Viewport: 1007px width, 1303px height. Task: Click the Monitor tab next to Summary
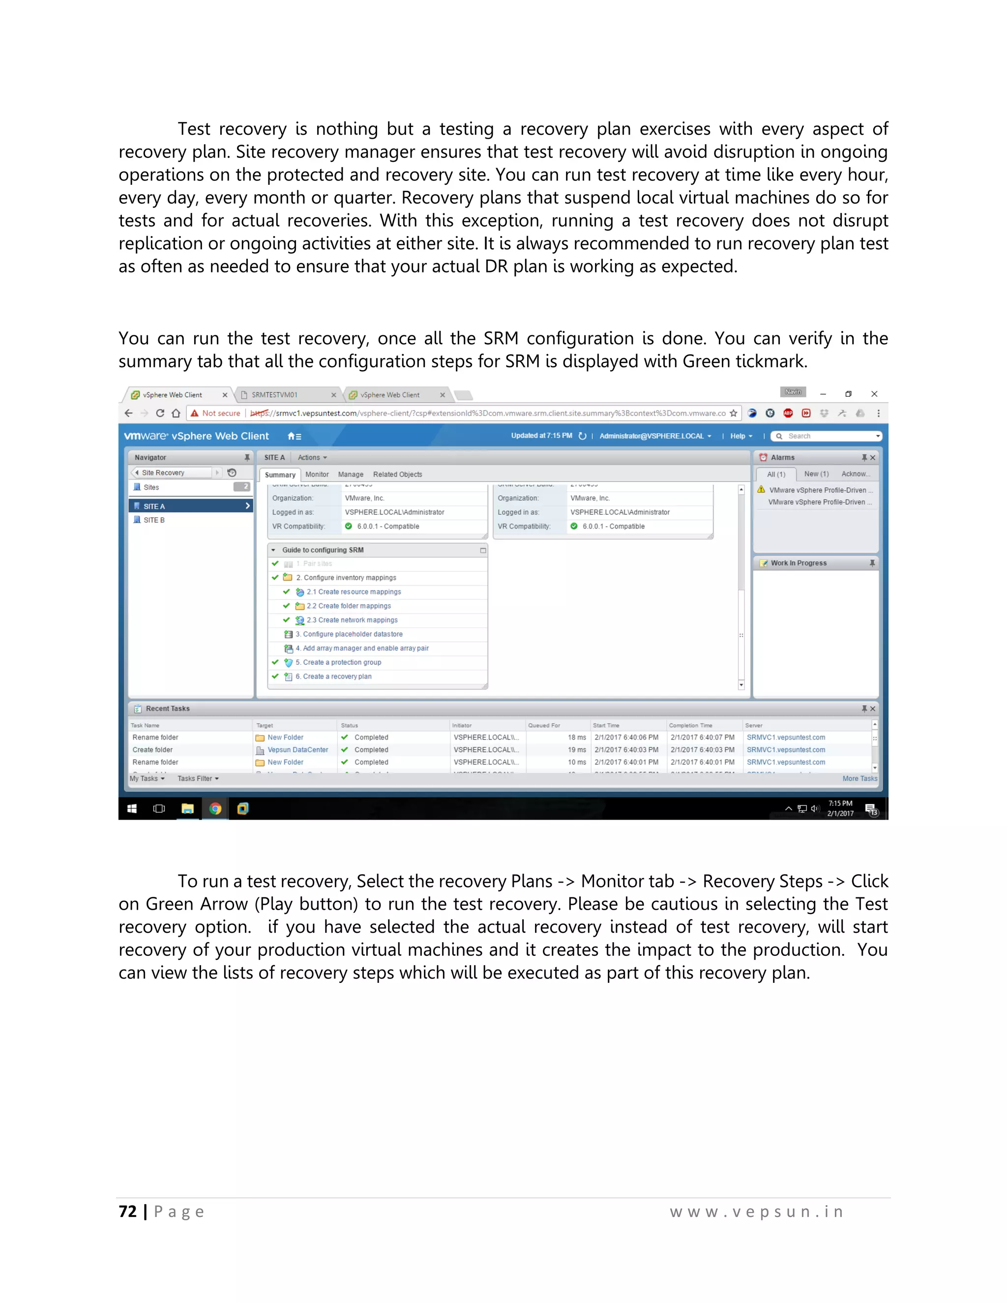(317, 474)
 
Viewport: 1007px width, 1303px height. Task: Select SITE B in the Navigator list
(154, 520)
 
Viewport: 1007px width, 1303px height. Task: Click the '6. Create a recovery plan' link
(336, 677)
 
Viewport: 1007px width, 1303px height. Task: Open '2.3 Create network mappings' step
(352, 620)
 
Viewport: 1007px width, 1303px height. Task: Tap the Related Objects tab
(397, 474)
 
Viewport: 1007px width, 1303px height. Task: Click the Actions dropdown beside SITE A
(312, 458)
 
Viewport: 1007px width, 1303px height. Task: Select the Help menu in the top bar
(740, 436)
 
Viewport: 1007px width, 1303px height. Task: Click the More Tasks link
(859, 778)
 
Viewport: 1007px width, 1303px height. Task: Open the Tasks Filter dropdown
(198, 778)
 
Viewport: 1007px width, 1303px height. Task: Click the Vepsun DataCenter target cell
(297, 750)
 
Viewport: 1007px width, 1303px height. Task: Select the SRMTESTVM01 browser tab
(274, 395)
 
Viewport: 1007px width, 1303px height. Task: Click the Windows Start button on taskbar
(132, 809)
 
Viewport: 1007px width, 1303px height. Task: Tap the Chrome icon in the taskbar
(215, 809)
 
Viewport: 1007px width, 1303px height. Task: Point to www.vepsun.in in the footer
(756, 1212)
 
